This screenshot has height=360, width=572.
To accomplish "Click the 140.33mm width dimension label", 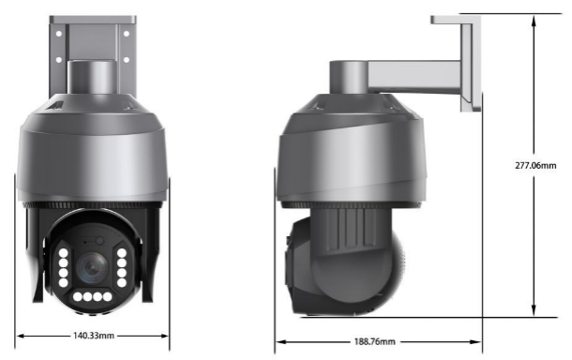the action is [x=94, y=336].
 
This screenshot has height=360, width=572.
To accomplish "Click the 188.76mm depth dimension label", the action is [x=375, y=341].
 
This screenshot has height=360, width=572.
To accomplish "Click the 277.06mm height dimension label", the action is [x=535, y=165].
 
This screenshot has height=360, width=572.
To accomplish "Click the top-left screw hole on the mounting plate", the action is [x=59, y=34].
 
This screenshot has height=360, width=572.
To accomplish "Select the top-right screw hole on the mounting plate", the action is [x=127, y=34].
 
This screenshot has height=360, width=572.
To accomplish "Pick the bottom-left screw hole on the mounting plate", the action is [x=59, y=59].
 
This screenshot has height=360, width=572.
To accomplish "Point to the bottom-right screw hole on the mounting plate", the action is [x=127, y=59].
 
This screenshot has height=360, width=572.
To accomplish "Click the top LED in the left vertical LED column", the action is [x=63, y=253].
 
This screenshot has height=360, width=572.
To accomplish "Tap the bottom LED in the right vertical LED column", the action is [x=122, y=282].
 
